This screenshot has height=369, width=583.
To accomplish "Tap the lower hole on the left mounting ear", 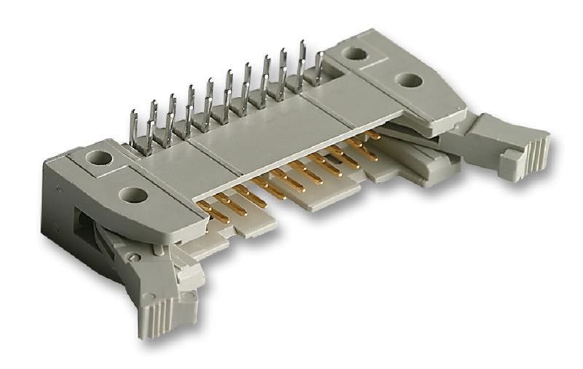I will tap(131, 194).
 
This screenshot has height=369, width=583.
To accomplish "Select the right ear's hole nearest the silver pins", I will tap(355, 53).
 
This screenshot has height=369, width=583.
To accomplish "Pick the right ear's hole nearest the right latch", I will tap(410, 79).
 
